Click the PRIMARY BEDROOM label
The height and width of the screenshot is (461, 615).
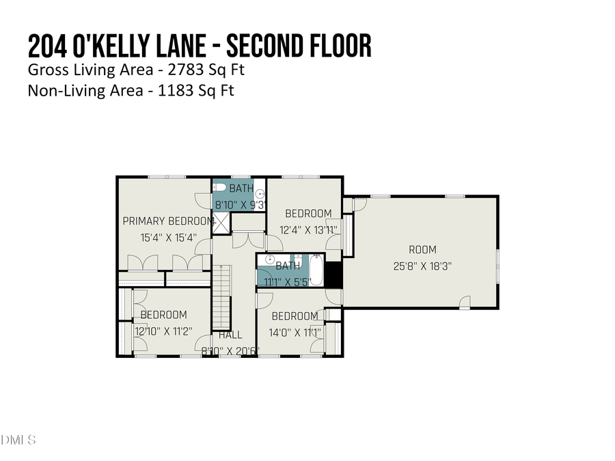167,221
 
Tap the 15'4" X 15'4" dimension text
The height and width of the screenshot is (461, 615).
168,238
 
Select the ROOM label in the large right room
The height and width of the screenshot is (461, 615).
422,250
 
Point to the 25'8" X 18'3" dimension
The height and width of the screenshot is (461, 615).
422,266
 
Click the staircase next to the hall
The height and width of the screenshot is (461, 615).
221,298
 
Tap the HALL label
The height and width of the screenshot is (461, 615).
230,335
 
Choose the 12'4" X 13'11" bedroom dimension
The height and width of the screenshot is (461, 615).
308,229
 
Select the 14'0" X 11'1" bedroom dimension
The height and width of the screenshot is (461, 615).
296,333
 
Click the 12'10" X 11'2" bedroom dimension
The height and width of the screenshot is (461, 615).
163,331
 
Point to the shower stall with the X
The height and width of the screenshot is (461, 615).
221,223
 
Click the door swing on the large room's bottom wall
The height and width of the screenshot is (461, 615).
465,301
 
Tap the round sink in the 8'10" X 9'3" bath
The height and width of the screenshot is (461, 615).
260,193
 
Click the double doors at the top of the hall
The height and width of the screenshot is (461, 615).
247,240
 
